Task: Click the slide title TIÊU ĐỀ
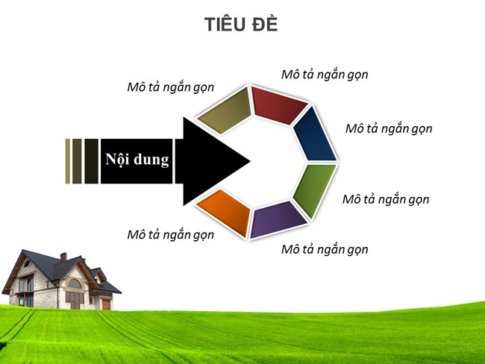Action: [x=241, y=25]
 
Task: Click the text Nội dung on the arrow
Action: [x=137, y=160]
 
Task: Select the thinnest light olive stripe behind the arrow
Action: [x=68, y=160]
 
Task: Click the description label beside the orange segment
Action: [x=170, y=234]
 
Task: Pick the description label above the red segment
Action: [x=325, y=75]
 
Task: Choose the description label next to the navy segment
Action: [x=389, y=128]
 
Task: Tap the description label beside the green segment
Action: [x=386, y=199]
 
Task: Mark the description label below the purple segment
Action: [x=325, y=248]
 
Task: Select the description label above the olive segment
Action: [x=170, y=87]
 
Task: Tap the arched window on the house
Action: [x=74, y=283]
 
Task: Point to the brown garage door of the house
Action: [x=106, y=304]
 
